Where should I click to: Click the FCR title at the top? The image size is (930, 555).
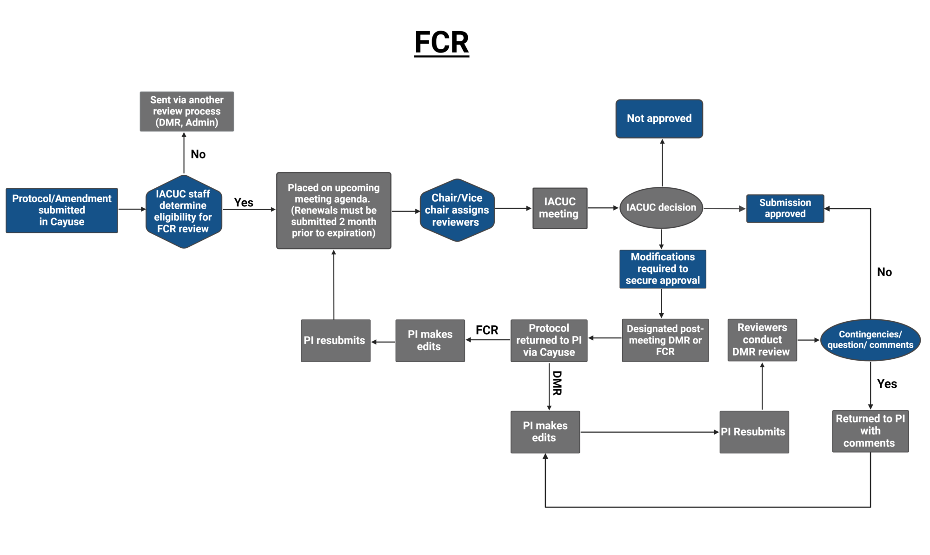tap(441, 42)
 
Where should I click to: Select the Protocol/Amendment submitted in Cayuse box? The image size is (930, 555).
tap(62, 210)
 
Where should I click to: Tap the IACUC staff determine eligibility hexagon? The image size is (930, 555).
tap(184, 211)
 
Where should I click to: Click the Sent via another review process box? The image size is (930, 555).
tap(186, 112)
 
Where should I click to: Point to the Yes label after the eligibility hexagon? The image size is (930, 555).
tap(243, 203)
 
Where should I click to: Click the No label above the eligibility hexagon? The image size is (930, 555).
tap(198, 154)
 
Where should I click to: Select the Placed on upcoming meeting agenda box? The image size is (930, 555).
tap(333, 211)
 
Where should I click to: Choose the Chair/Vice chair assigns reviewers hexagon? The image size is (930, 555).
tap(457, 210)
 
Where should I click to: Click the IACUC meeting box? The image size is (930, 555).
tap(559, 208)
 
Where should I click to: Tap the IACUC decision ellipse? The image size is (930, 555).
tap(661, 208)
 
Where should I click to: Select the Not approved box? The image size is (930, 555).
tap(659, 119)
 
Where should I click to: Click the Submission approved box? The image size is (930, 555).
tap(785, 208)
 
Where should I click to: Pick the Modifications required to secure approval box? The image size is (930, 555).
tap(662, 269)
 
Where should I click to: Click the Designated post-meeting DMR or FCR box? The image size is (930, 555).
tap(665, 340)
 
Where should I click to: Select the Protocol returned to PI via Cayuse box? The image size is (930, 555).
tap(549, 340)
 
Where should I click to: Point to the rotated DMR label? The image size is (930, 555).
tap(557, 383)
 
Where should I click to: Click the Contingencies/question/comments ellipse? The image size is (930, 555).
tap(870, 340)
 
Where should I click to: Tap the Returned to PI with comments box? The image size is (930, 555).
tap(870, 431)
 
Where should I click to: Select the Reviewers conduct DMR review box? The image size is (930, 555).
tap(762, 340)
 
